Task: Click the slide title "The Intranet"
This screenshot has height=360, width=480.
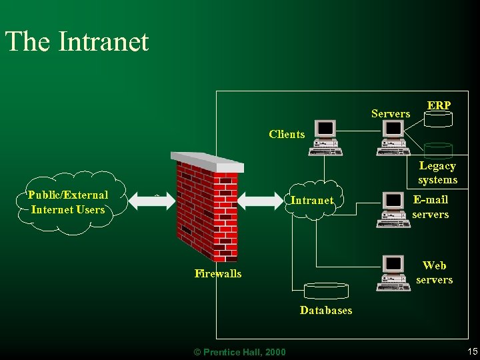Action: click(x=77, y=41)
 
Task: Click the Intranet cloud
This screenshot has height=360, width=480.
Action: click(x=312, y=200)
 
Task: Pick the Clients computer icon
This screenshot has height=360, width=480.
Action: click(x=325, y=139)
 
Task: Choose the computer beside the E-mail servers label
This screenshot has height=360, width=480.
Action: click(x=393, y=209)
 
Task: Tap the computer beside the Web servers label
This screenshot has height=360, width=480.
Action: click(x=393, y=273)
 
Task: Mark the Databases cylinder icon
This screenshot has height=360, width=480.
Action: click(x=326, y=290)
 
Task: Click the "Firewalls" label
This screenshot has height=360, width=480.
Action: click(x=218, y=273)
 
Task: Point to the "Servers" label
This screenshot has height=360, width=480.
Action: click(x=391, y=114)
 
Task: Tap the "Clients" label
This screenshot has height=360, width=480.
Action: click(x=287, y=134)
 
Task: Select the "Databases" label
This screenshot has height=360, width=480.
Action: click(x=326, y=310)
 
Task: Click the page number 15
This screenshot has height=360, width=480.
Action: click(x=473, y=351)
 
